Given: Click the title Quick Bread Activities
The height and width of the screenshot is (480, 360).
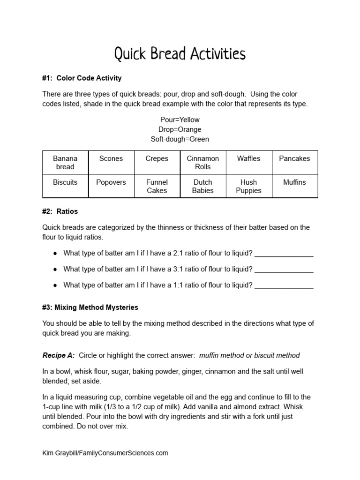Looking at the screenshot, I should pyautogui.click(x=180, y=54).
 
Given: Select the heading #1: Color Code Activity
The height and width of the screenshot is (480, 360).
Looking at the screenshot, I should pyautogui.click(x=82, y=78).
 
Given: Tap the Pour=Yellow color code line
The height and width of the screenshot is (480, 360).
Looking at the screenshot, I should pyautogui.click(x=180, y=120).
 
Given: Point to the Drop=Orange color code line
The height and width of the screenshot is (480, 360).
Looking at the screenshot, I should pyautogui.click(x=180, y=129).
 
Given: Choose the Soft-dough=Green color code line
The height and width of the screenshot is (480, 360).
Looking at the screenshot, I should pyautogui.click(x=180, y=139).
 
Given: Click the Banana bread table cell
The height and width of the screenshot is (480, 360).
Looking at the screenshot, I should pyautogui.click(x=65, y=163).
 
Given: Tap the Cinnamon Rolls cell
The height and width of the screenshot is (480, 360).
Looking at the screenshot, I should pyautogui.click(x=203, y=163).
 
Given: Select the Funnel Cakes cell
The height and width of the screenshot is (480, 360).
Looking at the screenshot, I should pyautogui.click(x=157, y=186).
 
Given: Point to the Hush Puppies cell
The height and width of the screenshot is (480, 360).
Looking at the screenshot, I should pyautogui.click(x=248, y=186).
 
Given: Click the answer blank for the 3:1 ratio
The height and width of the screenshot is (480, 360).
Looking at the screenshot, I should pyautogui.click(x=284, y=270).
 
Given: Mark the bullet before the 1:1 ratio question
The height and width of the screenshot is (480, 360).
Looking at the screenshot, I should pyautogui.click(x=55, y=285).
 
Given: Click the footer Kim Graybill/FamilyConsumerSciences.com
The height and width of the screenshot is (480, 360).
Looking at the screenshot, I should pyautogui.click(x=105, y=453).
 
